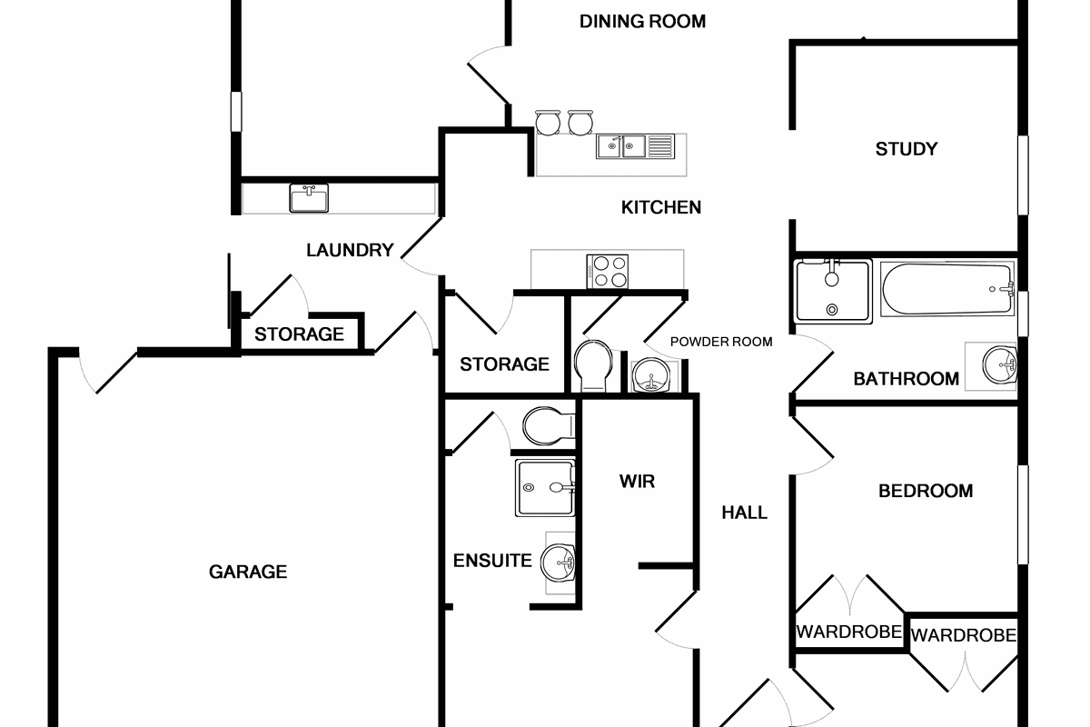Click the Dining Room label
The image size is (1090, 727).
click(x=642, y=22)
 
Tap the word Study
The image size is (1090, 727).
click(x=906, y=149)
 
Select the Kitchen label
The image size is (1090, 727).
click(x=660, y=208)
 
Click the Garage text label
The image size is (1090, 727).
click(x=248, y=572)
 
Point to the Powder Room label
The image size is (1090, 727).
click(x=721, y=342)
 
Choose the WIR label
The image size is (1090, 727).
click(x=637, y=481)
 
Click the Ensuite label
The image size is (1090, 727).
click(x=492, y=561)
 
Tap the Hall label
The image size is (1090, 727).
click(x=744, y=513)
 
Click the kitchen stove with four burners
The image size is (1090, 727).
click(x=609, y=270)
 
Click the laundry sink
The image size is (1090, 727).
click(x=309, y=198)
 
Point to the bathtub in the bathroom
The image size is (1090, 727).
click(x=946, y=291)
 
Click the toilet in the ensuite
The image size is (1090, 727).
click(x=548, y=424)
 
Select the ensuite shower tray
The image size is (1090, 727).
click(x=544, y=488)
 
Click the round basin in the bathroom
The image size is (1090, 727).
click(x=1001, y=366)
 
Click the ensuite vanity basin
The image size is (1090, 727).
click(x=558, y=563)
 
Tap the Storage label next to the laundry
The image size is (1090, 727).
click(x=299, y=334)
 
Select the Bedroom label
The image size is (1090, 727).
click(x=926, y=491)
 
